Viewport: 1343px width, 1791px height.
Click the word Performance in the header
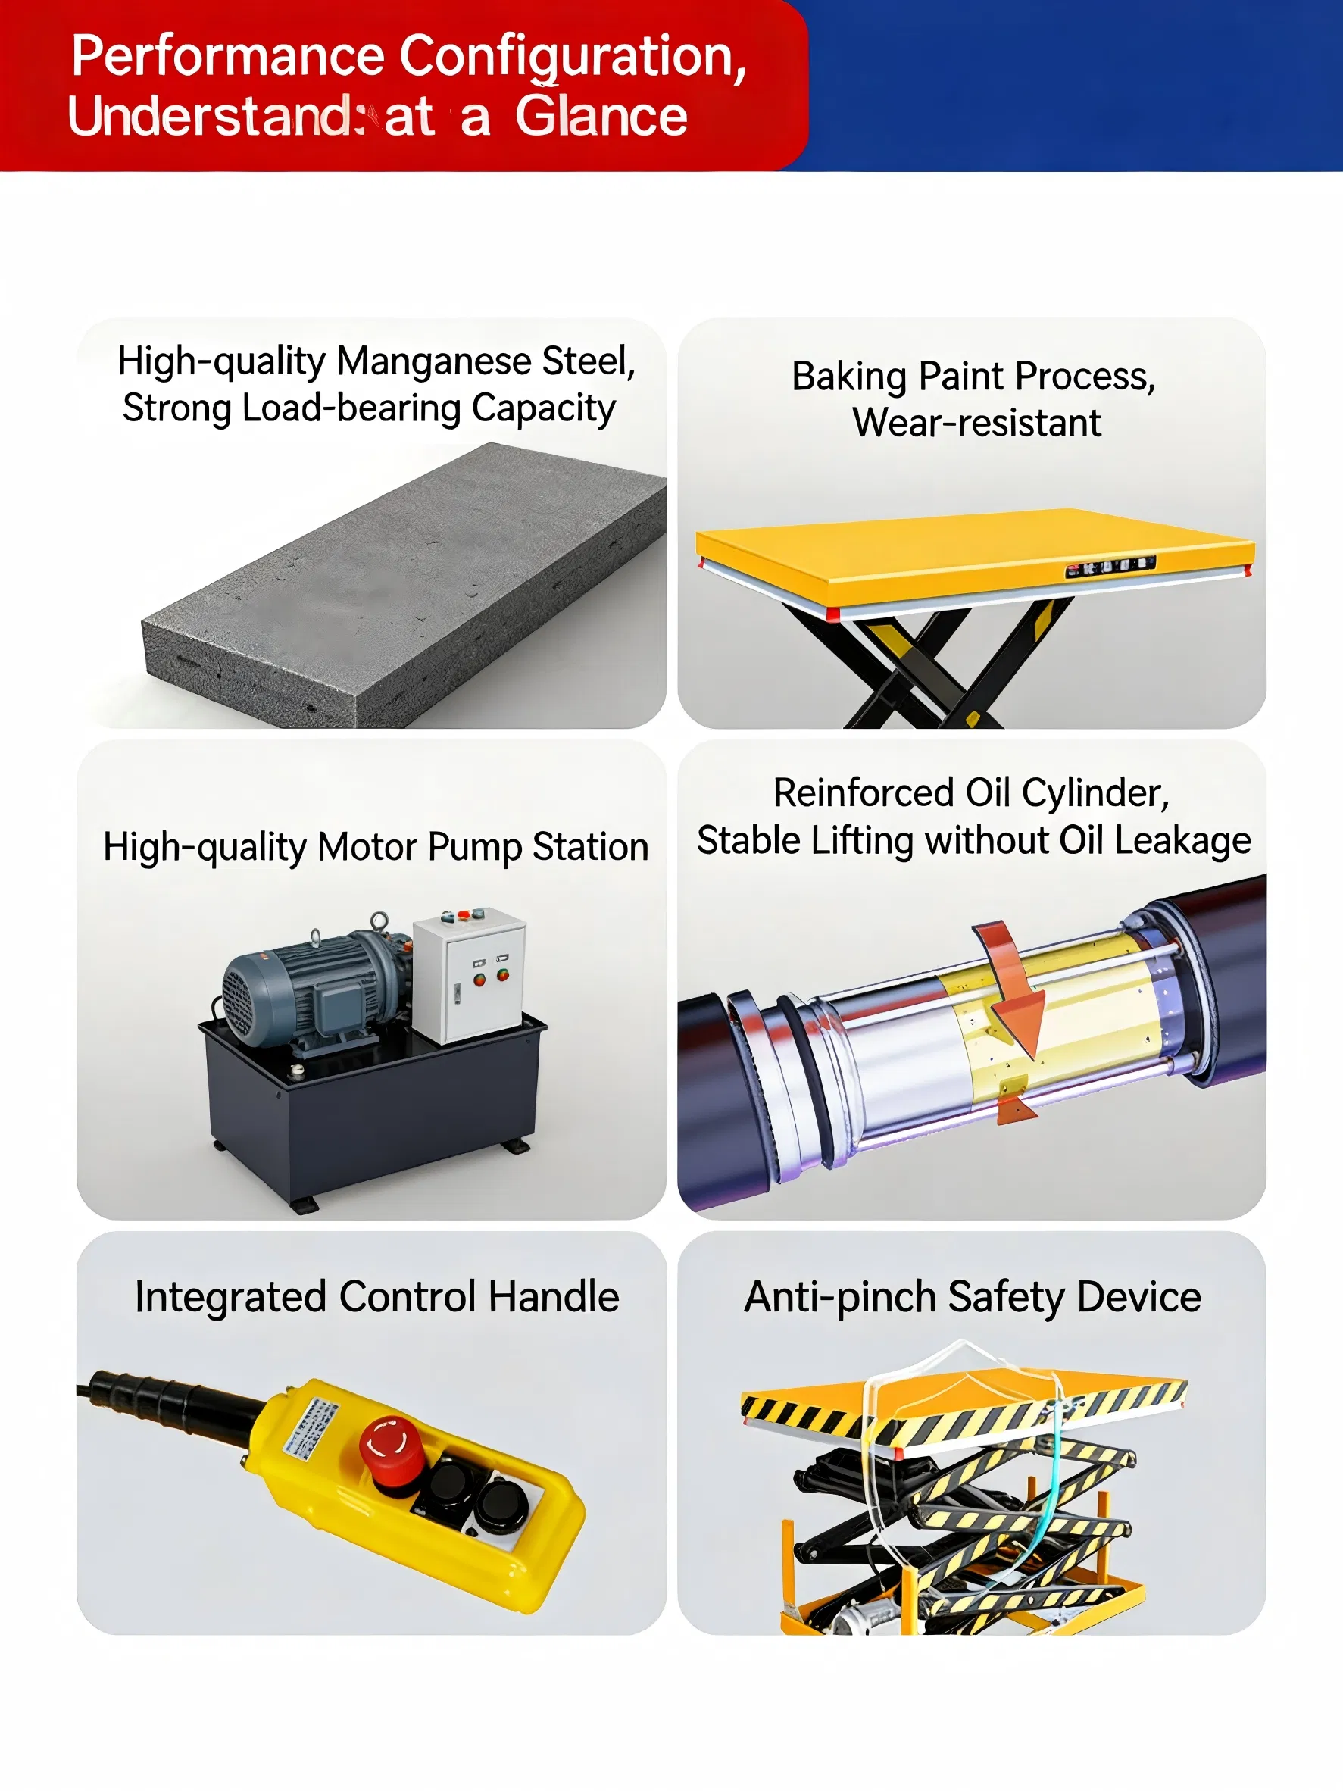(x=227, y=56)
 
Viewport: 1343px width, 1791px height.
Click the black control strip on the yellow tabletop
(x=1110, y=567)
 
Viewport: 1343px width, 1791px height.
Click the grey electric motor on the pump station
(x=316, y=983)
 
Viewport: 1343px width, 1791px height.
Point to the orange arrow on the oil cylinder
(x=1010, y=988)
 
